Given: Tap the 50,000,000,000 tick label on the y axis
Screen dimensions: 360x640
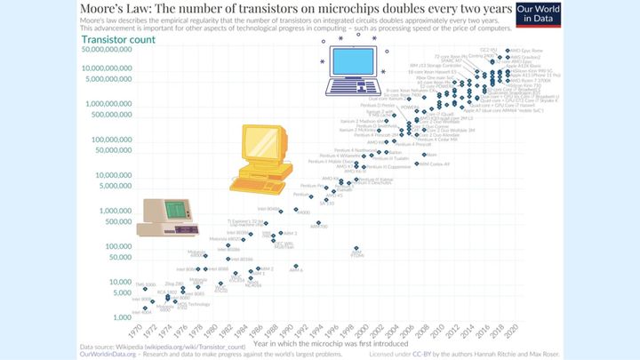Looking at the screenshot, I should pos(107,51).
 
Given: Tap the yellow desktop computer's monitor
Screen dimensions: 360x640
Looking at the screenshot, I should pos(263,142).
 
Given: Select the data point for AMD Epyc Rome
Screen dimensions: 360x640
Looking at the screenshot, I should pos(505,52).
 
